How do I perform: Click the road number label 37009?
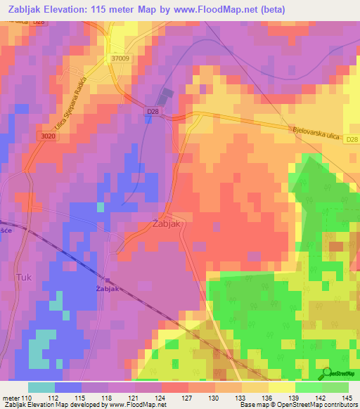pyautogui.click(x=120, y=60)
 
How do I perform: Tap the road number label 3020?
pyautogui.click(x=49, y=136)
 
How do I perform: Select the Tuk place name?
pyautogui.click(x=23, y=278)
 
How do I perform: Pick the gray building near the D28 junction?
pyautogui.click(x=166, y=96)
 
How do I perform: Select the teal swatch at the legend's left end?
pyautogui.click(x=41, y=387)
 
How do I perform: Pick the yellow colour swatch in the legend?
pyautogui.click(x=281, y=387)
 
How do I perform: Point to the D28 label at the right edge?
pyautogui.click(x=352, y=140)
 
